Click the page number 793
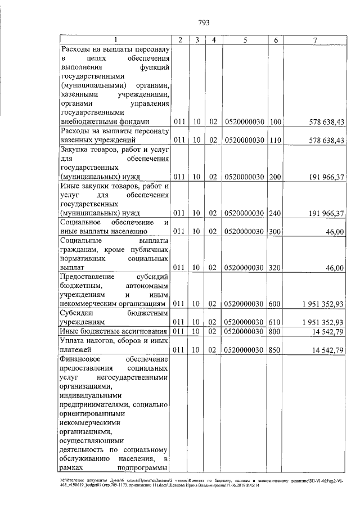coord(204,23)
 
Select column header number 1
coord(116,40)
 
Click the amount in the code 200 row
coord(326,177)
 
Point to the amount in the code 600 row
coord(322,304)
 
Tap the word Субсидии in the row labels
coord(78,313)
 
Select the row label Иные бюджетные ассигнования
coord(115,332)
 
